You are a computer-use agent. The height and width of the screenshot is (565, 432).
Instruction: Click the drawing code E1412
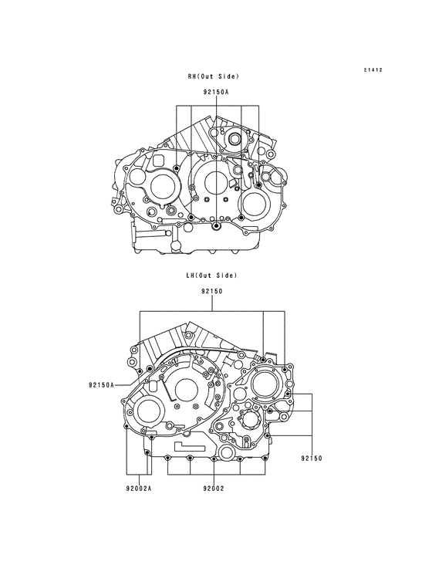[x=373, y=70]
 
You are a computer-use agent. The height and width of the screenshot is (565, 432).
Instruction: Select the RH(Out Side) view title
[x=213, y=76]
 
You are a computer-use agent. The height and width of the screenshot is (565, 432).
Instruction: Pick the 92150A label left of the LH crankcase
[x=100, y=384]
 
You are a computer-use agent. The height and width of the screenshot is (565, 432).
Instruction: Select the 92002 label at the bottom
[x=214, y=489]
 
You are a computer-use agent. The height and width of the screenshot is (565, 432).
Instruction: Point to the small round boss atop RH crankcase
[x=231, y=140]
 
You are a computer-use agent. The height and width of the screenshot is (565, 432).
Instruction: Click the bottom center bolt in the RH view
[x=217, y=226]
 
